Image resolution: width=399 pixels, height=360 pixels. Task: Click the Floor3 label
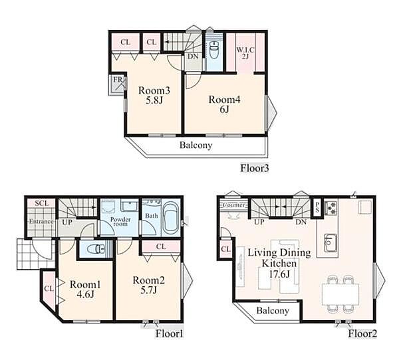(255, 168)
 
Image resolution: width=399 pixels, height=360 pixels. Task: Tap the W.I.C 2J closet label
(245, 53)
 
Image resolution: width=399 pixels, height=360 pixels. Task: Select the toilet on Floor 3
(213, 49)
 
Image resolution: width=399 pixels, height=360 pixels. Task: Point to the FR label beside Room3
(118, 79)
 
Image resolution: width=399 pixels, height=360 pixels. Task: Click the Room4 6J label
(225, 104)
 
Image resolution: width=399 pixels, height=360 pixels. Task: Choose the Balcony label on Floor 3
(196, 145)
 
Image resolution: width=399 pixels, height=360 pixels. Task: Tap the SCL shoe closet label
(42, 203)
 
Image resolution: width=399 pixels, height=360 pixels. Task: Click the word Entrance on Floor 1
(41, 221)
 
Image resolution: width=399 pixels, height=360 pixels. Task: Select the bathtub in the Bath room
(170, 217)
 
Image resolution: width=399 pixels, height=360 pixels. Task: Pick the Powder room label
(120, 221)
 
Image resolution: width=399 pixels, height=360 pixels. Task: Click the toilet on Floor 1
(96, 248)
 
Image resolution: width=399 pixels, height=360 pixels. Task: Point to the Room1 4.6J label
(85, 289)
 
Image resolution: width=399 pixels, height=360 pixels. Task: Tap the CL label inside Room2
(160, 246)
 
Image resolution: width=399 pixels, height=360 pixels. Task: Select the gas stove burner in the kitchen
(331, 207)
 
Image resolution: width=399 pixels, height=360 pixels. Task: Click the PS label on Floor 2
(317, 207)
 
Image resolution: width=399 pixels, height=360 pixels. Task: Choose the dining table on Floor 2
(340, 294)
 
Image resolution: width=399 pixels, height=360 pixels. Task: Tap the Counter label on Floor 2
(235, 205)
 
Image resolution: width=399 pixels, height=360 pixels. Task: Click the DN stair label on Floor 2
(301, 222)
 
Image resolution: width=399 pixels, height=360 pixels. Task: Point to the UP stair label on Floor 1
(67, 223)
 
